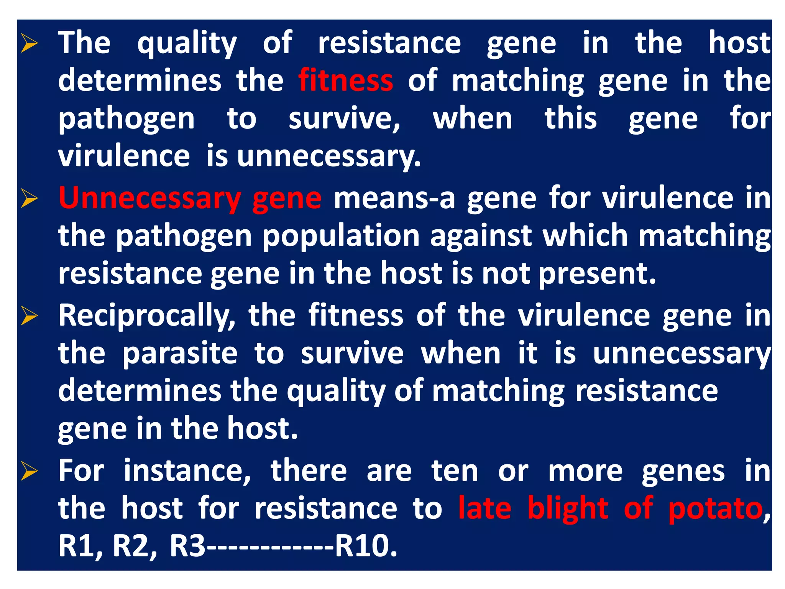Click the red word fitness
[x=345, y=81]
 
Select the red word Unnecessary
[x=149, y=199]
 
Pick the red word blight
[x=568, y=509]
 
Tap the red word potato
[x=715, y=509]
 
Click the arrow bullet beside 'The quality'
[x=30, y=43]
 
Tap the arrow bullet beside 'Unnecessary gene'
[x=30, y=199]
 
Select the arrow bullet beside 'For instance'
[x=30, y=471]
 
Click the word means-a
[x=394, y=199]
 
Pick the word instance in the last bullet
[x=187, y=471]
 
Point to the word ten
[x=455, y=471]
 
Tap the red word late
[x=484, y=509]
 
